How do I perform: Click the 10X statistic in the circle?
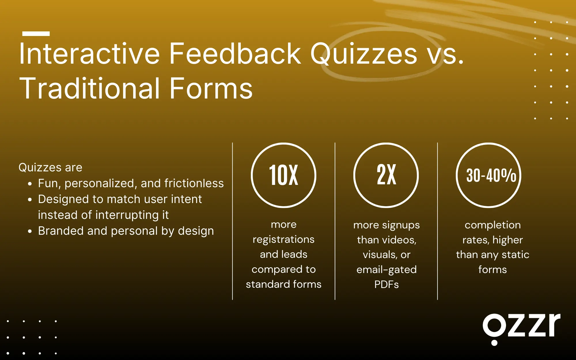pos(284,175)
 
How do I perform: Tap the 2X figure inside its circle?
pos(386,175)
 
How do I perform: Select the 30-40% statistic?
pos(491,175)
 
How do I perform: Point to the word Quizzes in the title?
pos(363,54)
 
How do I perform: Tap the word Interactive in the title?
pos(89,54)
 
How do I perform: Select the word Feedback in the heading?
pos(235,54)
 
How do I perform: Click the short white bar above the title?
pos(36,34)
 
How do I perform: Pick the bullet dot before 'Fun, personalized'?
pos(30,184)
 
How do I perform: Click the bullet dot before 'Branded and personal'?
pos(30,231)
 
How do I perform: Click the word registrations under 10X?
pos(284,239)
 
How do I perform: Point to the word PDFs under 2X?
pos(386,285)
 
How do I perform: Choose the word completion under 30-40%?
pos(492,225)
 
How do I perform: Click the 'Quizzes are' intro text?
pos(50,167)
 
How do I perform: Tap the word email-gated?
pos(386,270)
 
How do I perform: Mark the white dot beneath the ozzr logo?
pos(494,343)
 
